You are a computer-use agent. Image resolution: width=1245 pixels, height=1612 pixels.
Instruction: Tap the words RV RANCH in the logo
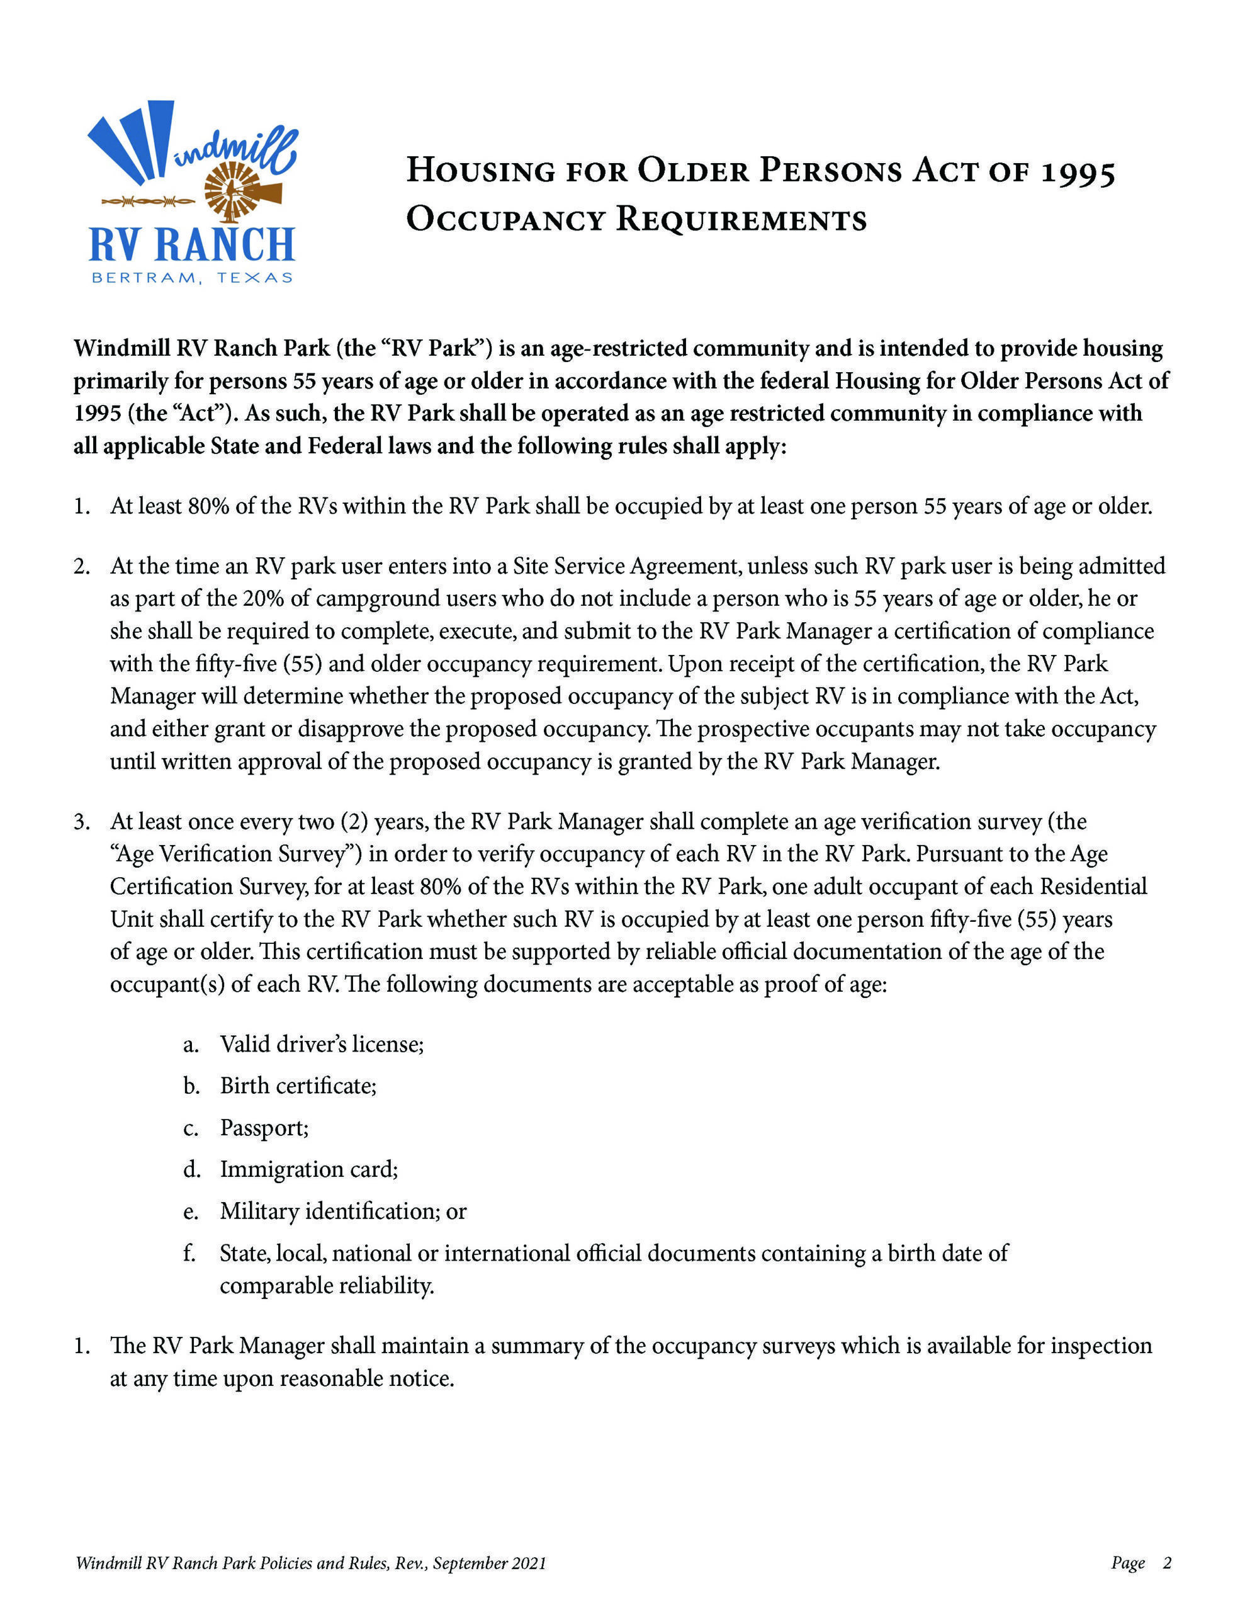click(x=192, y=246)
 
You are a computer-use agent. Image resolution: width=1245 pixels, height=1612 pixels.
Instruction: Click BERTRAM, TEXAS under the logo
click(x=192, y=278)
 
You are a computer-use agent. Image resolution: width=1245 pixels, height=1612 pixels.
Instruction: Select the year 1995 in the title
click(x=1078, y=172)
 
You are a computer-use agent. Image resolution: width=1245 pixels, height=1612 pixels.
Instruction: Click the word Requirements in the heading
click(x=741, y=219)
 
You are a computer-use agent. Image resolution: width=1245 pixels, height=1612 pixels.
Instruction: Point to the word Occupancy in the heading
click(x=505, y=219)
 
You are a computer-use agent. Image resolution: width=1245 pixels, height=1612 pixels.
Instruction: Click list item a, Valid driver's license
click(x=322, y=1043)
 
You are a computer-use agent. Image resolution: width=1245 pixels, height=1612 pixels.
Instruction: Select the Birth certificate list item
click(x=298, y=1086)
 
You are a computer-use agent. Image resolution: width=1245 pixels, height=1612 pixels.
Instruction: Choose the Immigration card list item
click(x=308, y=1169)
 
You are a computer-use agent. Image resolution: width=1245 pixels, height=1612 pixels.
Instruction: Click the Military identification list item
click(x=343, y=1212)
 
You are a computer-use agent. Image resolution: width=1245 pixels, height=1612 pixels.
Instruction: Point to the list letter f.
click(x=189, y=1253)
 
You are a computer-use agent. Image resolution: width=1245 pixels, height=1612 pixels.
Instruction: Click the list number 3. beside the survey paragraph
click(x=81, y=822)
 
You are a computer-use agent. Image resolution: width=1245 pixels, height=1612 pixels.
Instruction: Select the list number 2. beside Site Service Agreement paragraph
click(x=81, y=566)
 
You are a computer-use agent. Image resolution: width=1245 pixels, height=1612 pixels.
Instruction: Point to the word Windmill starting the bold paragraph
click(x=121, y=348)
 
